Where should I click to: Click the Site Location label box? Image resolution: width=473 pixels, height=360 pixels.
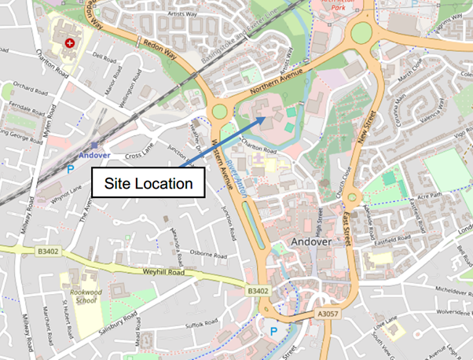coord(148,184)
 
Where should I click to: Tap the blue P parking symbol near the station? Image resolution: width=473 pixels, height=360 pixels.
coord(71,168)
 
